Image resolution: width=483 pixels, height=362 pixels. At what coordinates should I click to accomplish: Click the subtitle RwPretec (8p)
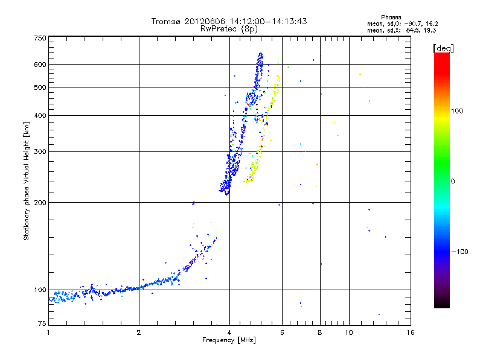229,28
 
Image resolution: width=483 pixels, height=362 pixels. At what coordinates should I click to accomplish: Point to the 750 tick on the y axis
40,38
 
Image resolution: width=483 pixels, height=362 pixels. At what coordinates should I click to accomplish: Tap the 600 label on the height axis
40,64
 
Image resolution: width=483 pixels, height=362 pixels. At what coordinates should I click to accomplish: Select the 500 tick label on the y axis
40,87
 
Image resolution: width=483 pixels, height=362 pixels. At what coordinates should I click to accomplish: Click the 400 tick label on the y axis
40,115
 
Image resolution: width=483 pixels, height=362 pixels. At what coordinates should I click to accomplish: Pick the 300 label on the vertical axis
40,151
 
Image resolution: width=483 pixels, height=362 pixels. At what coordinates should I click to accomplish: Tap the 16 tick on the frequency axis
411,332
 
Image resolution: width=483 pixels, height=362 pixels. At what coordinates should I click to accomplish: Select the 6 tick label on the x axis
283,332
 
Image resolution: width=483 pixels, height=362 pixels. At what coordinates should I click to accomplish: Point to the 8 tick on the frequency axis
320,332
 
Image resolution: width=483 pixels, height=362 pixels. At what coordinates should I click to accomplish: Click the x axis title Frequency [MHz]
230,340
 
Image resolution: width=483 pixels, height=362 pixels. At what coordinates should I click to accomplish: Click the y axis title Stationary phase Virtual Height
27,181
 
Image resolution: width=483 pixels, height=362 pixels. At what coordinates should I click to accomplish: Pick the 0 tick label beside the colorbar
453,181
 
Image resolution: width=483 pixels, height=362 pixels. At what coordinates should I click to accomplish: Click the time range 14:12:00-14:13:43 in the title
261,21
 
